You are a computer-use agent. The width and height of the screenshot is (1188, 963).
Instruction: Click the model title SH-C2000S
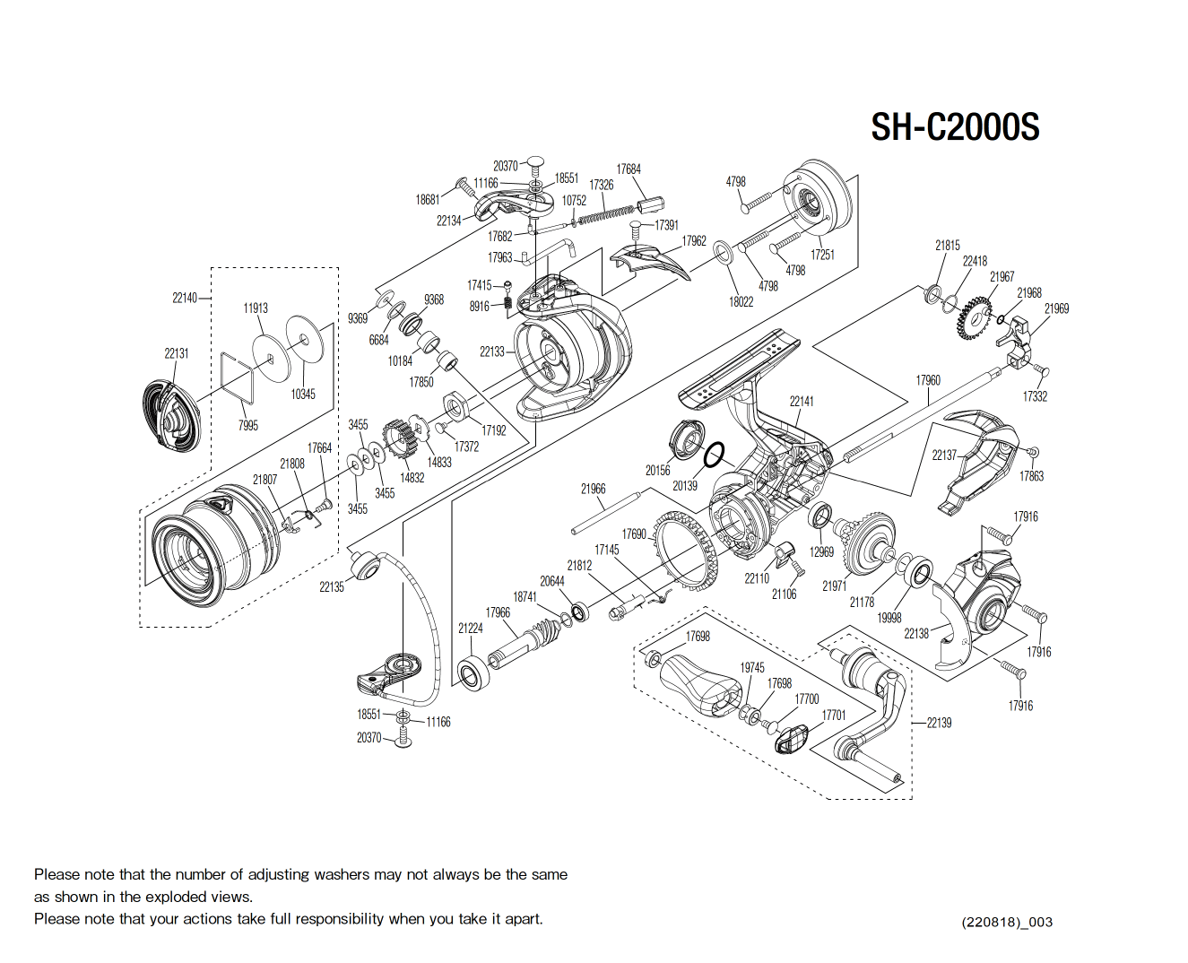955,127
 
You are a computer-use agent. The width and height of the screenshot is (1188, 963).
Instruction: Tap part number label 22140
184,299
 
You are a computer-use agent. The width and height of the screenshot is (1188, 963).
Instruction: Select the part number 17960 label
928,381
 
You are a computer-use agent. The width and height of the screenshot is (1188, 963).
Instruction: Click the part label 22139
939,723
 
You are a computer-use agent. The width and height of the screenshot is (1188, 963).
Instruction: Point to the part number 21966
593,490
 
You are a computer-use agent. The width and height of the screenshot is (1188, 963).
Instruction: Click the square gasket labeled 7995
238,379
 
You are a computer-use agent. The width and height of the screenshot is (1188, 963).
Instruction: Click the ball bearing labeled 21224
472,672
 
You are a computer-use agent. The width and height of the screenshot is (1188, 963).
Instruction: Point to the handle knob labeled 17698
699,683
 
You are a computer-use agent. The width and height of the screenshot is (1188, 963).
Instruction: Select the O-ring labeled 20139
713,456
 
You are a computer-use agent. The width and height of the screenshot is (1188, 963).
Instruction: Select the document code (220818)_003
1007,922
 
